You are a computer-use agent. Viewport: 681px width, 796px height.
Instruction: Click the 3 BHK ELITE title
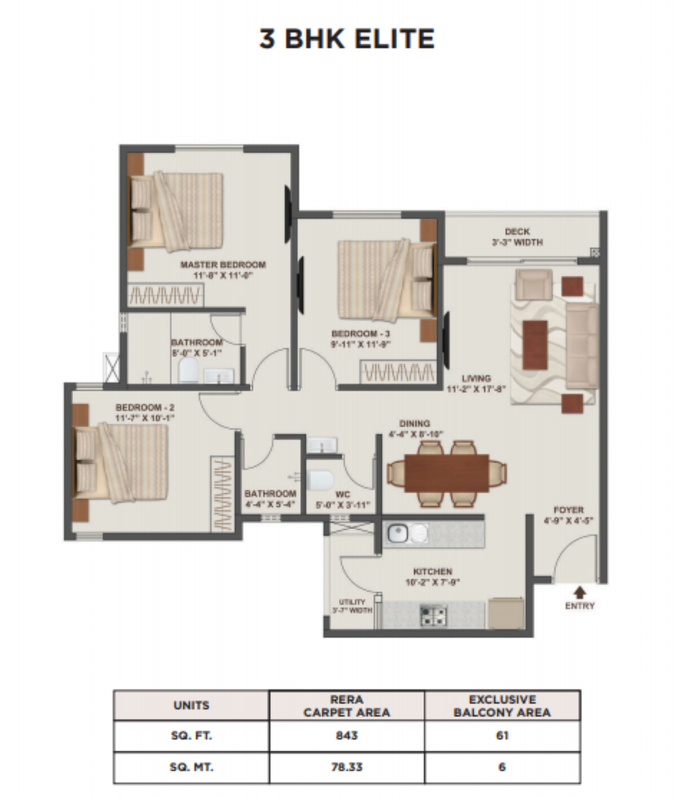(x=347, y=39)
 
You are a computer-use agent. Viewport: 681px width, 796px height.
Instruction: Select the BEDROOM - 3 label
(x=361, y=338)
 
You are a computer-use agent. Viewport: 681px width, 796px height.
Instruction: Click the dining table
(x=447, y=473)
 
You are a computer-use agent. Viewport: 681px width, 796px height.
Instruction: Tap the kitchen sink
(x=398, y=533)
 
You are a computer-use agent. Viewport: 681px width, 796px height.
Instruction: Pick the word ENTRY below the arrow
(x=580, y=606)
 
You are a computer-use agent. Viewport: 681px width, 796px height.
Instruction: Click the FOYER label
(x=569, y=515)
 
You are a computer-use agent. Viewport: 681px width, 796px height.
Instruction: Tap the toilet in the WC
(x=321, y=481)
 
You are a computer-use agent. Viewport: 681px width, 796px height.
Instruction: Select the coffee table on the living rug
(x=535, y=344)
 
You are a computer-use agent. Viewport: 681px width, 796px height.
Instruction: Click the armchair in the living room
(x=533, y=284)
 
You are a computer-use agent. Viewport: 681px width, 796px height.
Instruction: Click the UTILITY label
(x=352, y=606)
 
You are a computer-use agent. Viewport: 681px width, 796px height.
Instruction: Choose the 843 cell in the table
(x=347, y=736)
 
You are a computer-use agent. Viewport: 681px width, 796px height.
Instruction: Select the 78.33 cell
(x=347, y=767)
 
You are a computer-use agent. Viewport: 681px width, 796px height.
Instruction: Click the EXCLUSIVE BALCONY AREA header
(x=502, y=706)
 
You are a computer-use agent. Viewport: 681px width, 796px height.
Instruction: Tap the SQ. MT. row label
(x=191, y=767)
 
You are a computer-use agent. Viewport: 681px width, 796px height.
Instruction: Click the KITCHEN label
(x=432, y=576)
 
